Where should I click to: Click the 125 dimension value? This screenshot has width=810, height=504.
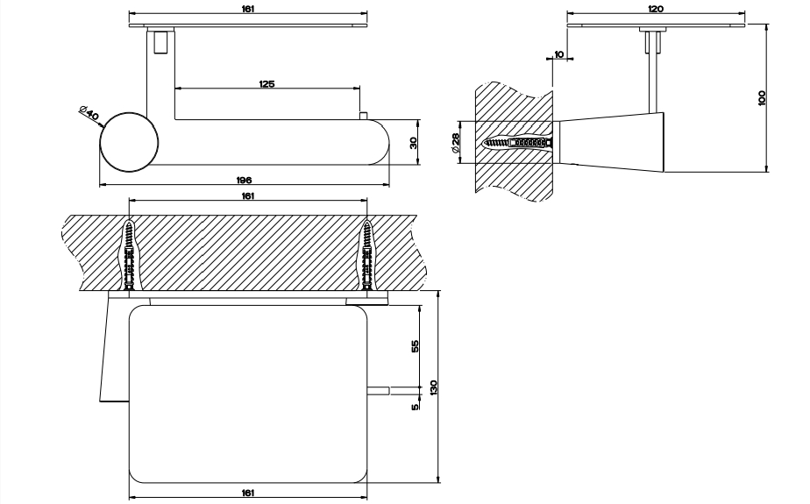267,83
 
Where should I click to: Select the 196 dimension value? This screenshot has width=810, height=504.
245,180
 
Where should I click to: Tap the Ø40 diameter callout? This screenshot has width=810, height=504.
89,112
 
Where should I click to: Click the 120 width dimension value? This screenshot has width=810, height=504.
656,9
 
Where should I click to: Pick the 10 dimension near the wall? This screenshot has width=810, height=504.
559,55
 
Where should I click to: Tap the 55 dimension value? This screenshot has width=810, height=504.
415,345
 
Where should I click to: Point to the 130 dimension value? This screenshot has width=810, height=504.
432,389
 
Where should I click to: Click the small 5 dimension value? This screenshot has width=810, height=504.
415,405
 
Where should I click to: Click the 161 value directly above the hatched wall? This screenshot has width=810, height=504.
248,196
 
